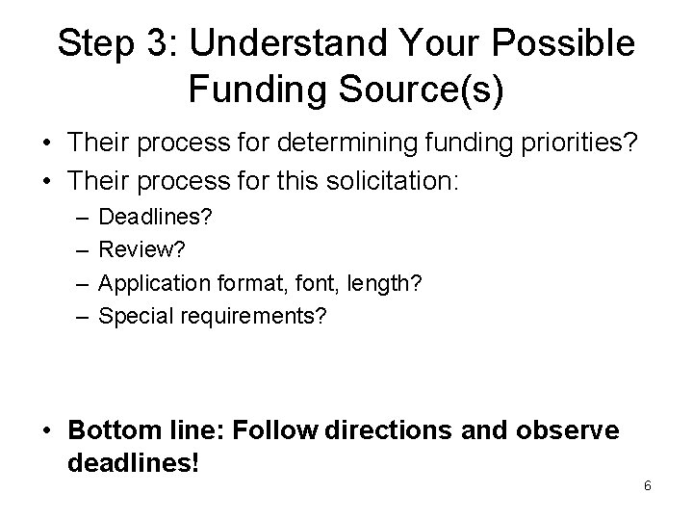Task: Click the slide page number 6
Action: [648, 485]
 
